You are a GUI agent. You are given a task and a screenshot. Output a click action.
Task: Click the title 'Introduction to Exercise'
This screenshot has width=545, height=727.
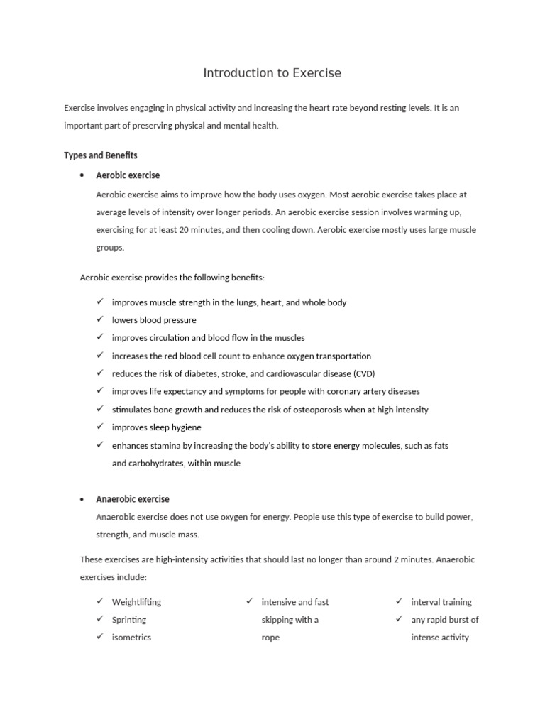click(272, 73)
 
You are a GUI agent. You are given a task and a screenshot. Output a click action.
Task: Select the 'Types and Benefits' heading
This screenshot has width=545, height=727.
click(100, 155)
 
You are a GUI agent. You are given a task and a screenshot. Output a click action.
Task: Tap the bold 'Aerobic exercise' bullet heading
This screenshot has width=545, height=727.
click(128, 175)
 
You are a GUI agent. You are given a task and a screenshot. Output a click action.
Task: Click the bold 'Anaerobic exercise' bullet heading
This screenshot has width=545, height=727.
click(133, 499)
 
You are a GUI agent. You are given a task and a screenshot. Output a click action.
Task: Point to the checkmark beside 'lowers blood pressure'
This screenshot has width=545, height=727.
click(100, 319)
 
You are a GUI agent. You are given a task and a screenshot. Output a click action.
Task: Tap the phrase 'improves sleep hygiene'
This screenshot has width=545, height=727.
click(156, 427)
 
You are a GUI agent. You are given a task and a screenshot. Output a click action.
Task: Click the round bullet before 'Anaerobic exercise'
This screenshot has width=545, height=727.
click(83, 499)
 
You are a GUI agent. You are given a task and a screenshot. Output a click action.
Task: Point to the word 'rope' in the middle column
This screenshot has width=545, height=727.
click(270, 638)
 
